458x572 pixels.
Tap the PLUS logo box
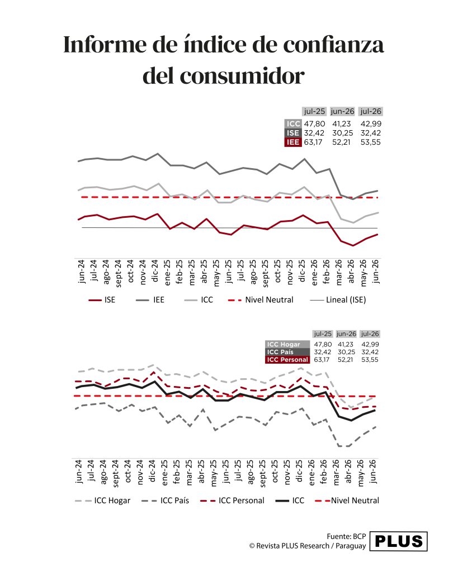(399, 541)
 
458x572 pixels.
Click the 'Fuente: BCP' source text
(346, 536)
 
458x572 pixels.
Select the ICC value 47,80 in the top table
(314, 123)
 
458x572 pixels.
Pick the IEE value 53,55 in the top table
(370, 142)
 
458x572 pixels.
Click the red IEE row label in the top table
(293, 142)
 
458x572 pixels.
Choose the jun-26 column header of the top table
(343, 111)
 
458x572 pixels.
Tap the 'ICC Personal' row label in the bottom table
(287, 360)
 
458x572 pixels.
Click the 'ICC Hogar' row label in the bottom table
(287, 344)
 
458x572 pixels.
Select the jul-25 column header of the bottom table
(323, 334)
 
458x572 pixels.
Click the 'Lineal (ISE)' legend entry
(338, 300)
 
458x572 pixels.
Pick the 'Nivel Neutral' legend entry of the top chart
(261, 300)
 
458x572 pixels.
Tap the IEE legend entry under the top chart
(150, 300)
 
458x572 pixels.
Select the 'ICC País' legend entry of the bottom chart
(165, 500)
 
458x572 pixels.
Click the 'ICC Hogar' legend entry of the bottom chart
(103, 500)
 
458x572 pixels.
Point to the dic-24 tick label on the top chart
(154, 271)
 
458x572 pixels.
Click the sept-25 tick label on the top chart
(265, 273)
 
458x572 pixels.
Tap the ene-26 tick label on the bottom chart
(311, 473)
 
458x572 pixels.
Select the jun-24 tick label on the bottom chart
(79, 471)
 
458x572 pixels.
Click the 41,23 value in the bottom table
(346, 344)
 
